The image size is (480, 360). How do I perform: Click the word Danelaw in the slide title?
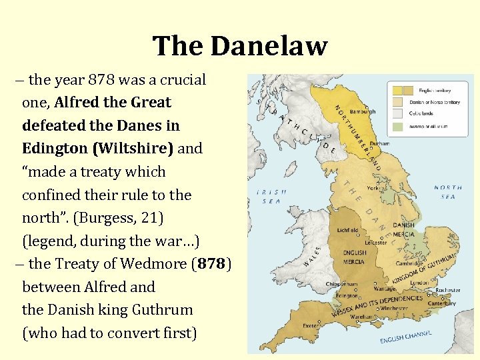pos(270,46)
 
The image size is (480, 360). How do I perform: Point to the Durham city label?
pos(379,143)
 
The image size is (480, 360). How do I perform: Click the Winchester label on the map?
pos(395,307)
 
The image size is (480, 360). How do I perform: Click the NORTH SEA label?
pos(447,192)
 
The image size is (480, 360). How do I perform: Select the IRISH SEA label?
pos(271,196)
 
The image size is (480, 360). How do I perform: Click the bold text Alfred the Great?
pos(113,103)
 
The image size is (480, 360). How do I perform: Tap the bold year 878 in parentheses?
pos(211,264)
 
